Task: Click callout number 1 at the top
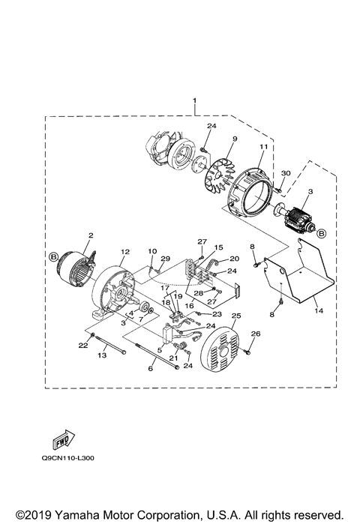point(196,100)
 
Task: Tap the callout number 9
point(213,139)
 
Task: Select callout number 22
point(82,345)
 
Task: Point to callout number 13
point(103,357)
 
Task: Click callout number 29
point(166,259)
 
